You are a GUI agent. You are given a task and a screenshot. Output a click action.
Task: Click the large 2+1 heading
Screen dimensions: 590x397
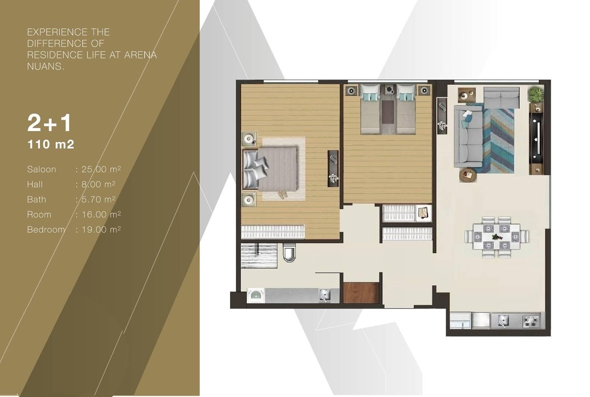49,123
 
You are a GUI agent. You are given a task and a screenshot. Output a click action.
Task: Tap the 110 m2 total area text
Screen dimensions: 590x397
51,144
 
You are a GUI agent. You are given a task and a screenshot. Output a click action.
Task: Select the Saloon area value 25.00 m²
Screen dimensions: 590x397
101,169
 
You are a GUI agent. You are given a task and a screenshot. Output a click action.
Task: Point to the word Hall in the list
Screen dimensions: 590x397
35,184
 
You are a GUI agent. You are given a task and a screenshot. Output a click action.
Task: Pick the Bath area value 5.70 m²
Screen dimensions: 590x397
98,199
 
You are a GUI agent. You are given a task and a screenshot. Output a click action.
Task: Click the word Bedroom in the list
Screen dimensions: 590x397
46,230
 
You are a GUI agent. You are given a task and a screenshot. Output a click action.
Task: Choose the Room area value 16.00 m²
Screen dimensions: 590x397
101,214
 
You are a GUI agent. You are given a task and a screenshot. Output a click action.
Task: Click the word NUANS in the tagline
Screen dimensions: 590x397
45,66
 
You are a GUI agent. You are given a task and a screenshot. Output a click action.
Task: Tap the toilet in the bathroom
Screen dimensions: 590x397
289,252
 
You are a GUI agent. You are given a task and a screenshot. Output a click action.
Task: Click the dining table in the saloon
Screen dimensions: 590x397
496,236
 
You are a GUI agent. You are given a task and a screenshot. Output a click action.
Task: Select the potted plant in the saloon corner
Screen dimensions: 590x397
536,94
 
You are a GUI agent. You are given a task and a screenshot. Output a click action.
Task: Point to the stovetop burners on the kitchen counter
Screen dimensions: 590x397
531,321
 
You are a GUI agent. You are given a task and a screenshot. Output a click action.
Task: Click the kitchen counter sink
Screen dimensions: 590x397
503,321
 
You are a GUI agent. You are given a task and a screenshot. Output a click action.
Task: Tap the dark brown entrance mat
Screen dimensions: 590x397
361,293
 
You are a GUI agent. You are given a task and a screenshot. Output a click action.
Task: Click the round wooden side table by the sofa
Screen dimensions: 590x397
468,175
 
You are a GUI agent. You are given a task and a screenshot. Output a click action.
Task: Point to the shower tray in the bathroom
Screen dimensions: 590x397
258,255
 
